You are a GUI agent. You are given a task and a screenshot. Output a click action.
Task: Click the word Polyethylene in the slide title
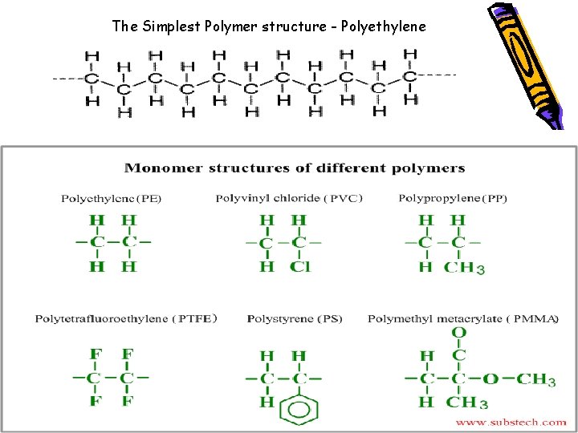tap(384, 26)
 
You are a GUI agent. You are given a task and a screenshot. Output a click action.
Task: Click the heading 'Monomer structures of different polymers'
tap(295, 168)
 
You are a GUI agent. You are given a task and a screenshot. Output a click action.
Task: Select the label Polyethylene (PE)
tap(112, 199)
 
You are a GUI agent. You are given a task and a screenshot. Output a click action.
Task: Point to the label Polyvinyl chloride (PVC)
tap(289, 198)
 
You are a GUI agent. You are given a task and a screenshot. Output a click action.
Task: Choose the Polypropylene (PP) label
tap(453, 198)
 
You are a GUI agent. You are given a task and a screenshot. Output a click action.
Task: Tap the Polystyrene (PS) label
tap(295, 319)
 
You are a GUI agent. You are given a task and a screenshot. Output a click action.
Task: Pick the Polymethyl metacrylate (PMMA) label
tap(463, 319)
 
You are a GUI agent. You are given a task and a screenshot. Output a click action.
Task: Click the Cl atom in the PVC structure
tap(300, 266)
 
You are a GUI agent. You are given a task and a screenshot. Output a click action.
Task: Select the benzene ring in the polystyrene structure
tap(299, 411)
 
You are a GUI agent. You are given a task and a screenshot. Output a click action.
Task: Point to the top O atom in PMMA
tap(459, 333)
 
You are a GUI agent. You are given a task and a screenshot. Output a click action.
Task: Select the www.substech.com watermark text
tap(511, 422)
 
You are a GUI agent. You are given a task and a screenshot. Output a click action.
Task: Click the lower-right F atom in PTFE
tap(128, 401)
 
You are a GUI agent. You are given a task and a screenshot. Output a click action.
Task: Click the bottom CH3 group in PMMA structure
tap(466, 402)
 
